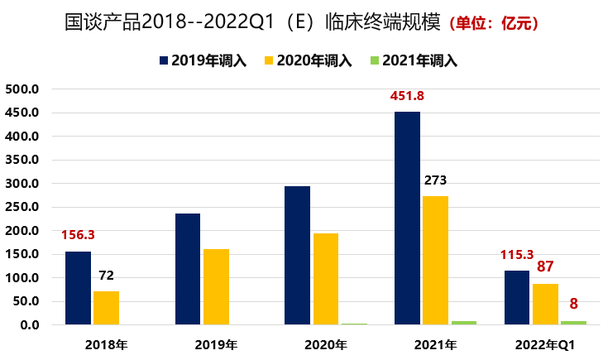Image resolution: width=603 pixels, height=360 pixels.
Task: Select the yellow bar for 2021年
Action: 435,260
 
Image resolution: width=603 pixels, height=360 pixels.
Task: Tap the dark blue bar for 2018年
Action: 78,288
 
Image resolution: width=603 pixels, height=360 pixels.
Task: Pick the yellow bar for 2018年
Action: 106,308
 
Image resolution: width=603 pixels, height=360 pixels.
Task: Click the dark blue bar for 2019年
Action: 188,269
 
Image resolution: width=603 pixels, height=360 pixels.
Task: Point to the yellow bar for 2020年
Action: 325,279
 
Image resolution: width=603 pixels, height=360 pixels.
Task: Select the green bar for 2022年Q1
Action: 572,323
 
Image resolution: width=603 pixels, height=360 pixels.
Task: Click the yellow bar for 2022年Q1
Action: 545,304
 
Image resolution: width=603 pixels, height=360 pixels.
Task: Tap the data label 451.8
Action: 406,96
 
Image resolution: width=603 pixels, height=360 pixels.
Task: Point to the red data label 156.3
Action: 78,235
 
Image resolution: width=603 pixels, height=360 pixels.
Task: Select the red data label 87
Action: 545,266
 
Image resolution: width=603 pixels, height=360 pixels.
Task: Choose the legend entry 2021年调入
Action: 414,60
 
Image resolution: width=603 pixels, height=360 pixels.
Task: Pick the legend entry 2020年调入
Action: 308,60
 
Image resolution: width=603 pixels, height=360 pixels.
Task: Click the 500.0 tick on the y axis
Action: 22,89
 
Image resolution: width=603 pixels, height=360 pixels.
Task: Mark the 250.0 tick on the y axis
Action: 22,207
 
